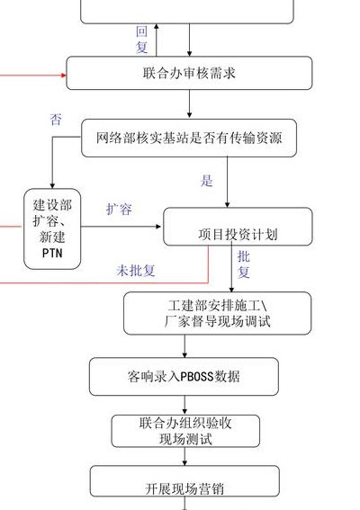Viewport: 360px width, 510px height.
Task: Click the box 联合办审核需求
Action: click(189, 73)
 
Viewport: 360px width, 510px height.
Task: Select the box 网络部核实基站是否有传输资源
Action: click(189, 138)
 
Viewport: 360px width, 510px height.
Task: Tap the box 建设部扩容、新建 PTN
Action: click(52, 229)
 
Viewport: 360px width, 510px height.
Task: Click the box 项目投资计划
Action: click(238, 227)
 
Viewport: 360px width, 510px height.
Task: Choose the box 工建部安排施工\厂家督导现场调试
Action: click(218, 313)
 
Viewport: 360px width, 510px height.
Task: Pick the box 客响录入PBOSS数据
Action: click(184, 377)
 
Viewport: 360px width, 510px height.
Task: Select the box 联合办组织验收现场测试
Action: click(185, 431)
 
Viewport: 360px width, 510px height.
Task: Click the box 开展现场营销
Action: click(184, 481)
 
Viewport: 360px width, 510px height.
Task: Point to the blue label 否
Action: click(56, 120)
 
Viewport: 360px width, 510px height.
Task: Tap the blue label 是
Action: click(206, 181)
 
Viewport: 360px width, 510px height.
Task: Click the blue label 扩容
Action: click(119, 209)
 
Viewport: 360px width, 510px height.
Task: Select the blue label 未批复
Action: click(136, 270)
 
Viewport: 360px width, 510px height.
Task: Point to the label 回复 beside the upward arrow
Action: click(142, 40)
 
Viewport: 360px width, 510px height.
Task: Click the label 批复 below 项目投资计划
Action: click(244, 264)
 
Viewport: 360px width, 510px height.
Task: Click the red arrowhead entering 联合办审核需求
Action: click(64, 76)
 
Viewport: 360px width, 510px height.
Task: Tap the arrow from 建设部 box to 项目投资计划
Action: click(121, 227)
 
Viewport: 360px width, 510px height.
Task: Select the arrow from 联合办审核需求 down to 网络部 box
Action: click(189, 104)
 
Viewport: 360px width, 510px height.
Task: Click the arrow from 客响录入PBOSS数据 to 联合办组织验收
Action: click(184, 405)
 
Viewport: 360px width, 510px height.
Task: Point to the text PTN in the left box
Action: click(52, 253)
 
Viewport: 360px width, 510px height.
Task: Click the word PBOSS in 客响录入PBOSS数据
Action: click(197, 377)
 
